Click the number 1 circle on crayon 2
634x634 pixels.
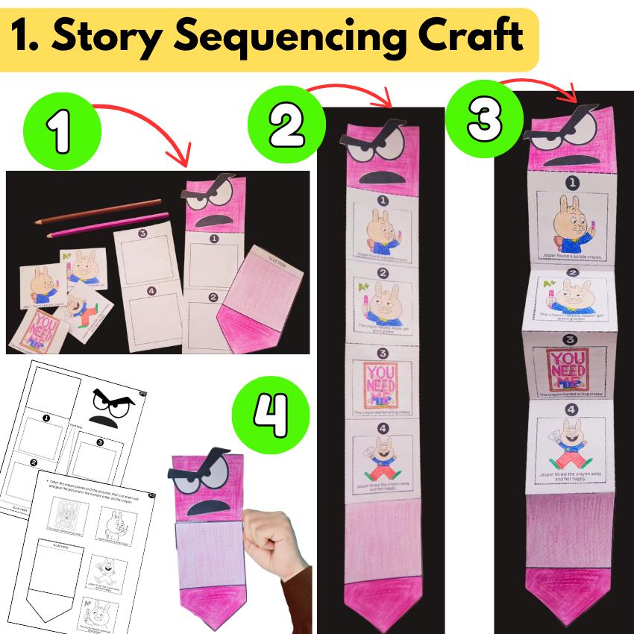tap(381, 199)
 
